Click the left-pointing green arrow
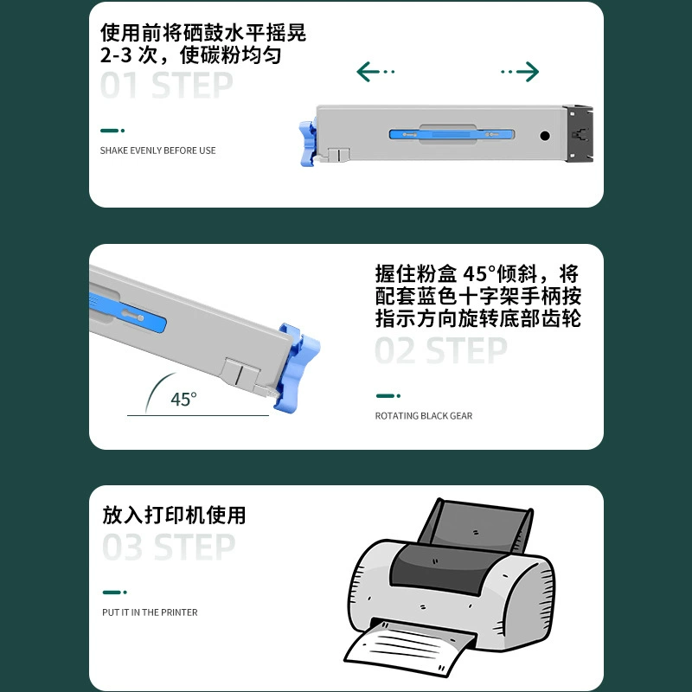375,72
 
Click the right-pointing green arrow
520,72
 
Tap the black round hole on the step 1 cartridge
545,136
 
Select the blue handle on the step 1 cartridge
308,144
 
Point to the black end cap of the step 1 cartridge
578,134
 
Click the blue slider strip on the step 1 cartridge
452,134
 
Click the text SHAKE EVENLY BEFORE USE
157,151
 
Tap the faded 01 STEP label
166,85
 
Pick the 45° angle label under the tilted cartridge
183,399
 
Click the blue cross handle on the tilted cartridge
297,367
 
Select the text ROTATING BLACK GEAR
424,416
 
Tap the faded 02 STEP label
441,350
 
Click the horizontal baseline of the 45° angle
198,415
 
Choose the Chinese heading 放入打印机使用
174,515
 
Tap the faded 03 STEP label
169,547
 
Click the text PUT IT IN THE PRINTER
150,612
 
